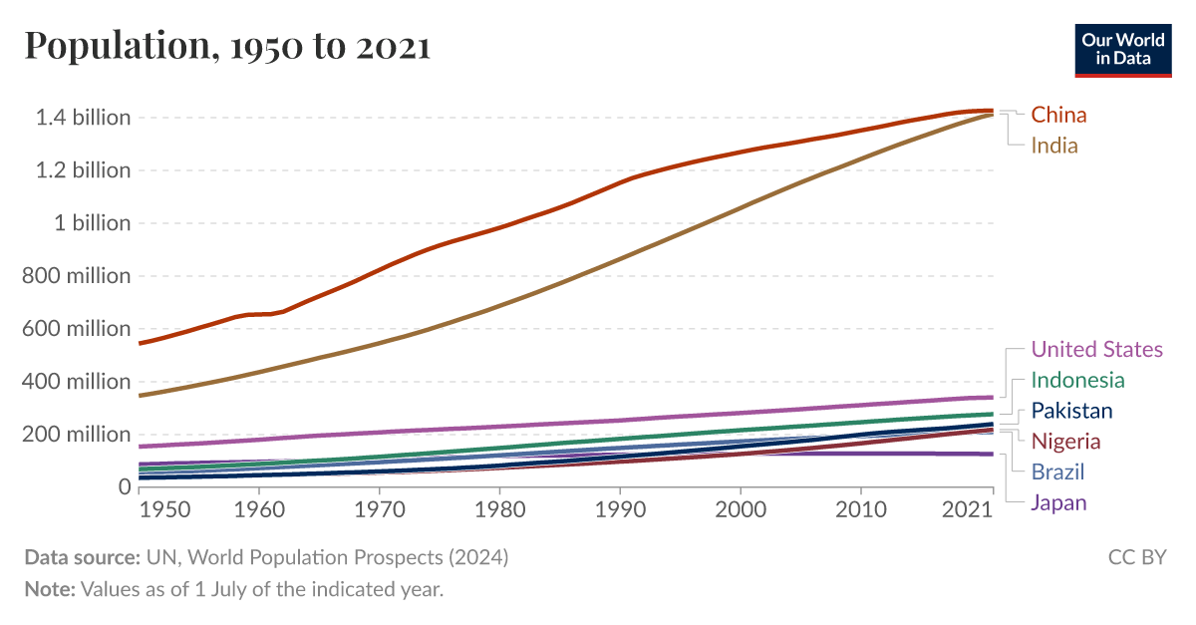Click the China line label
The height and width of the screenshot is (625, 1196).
[x=1058, y=115]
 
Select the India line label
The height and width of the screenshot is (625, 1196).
[x=1054, y=146]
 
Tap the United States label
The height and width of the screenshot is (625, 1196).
[x=1096, y=349]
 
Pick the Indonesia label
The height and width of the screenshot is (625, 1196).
[x=1077, y=380]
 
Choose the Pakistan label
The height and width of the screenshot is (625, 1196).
[x=1071, y=411]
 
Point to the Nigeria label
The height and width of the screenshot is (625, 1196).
[x=1065, y=441]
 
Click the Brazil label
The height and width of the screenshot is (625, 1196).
[x=1057, y=471]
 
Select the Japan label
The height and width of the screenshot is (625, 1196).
[x=1058, y=502]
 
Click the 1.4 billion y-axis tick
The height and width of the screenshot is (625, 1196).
[x=83, y=118]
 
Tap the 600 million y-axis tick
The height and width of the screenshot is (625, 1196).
[x=77, y=329]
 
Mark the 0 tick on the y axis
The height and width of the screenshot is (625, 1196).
[x=124, y=487]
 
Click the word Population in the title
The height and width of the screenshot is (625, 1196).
[x=109, y=46]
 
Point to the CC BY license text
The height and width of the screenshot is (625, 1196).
[x=1136, y=557]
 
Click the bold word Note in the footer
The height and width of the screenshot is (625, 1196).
[x=49, y=589]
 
